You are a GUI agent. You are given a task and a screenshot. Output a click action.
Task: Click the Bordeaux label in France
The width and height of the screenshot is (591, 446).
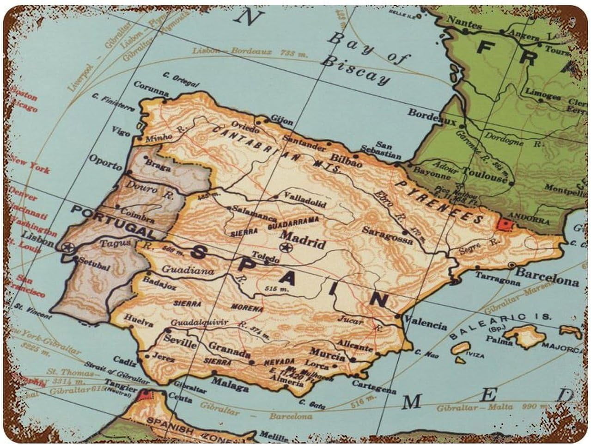pos(432,116)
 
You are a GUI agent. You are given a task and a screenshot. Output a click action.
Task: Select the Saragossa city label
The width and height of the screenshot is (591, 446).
pos(387,235)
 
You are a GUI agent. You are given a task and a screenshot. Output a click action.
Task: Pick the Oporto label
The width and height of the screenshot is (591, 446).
pos(106,162)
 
